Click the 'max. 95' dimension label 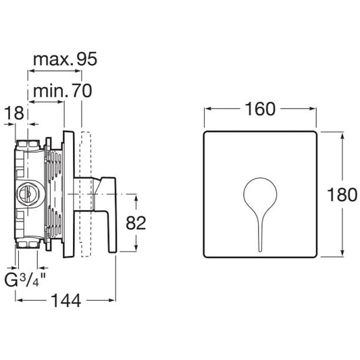(x=66, y=59)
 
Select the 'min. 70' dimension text (x=62, y=91)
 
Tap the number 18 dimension (x=14, y=113)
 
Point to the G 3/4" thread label (x=25, y=280)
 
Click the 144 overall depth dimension (x=66, y=301)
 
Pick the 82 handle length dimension (x=136, y=223)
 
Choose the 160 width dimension (x=260, y=109)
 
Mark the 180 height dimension (x=342, y=195)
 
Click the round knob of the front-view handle (x=260, y=194)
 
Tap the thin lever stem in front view (x=260, y=234)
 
